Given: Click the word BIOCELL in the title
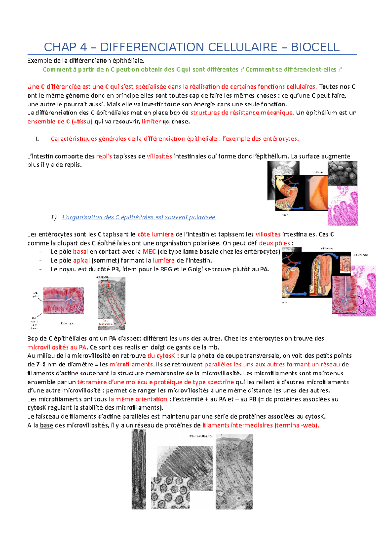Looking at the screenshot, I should point(315,47).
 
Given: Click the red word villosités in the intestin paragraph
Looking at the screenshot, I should point(159,156).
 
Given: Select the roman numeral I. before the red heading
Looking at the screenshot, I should point(37,139).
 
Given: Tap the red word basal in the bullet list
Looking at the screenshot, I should point(80,252).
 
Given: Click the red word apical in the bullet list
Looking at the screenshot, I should point(81,260).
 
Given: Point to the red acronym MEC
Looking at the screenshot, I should point(149,252).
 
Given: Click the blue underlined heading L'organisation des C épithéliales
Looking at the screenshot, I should point(139,217).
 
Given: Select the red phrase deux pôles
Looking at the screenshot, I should point(274,243).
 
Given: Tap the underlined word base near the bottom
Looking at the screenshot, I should point(46,425).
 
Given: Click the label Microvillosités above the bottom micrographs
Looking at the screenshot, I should point(201,436).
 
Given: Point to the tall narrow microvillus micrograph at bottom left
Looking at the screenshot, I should point(139,469).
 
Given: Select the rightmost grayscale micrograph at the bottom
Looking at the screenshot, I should point(234,472).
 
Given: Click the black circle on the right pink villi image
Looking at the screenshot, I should point(364,308).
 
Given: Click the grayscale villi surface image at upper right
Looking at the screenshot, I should point(342,173).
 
